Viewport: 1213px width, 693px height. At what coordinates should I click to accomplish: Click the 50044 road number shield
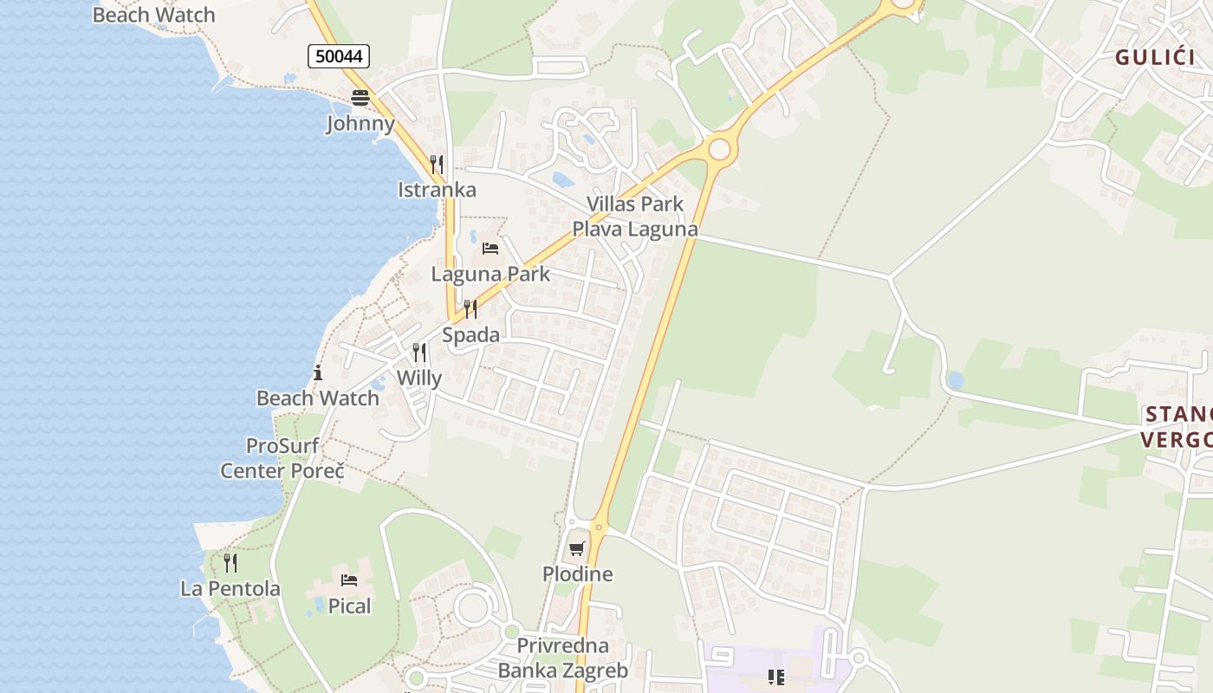(x=339, y=57)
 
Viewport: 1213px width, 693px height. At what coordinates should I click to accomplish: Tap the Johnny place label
(x=360, y=123)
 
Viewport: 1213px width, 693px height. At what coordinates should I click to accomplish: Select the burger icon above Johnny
(x=360, y=97)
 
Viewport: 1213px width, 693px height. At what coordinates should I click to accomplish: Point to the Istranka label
(x=437, y=190)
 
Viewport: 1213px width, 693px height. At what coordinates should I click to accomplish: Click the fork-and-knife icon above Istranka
(x=437, y=164)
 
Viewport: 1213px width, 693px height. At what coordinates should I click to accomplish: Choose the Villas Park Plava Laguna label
(x=635, y=217)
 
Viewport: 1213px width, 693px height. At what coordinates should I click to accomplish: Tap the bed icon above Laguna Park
(x=490, y=249)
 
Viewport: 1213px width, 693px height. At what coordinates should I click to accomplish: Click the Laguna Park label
(x=490, y=274)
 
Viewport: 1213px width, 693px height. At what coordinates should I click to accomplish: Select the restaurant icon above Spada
(x=470, y=309)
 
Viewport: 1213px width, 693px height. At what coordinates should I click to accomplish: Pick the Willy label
(x=419, y=378)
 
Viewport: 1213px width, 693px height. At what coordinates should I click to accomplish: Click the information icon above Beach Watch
(x=318, y=373)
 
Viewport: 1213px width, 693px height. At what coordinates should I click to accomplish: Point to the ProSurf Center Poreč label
(x=282, y=458)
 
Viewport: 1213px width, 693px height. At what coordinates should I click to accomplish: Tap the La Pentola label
(x=230, y=589)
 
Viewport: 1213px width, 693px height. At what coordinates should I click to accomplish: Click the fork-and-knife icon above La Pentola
(x=230, y=563)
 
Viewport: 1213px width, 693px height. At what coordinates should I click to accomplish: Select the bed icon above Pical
(x=349, y=580)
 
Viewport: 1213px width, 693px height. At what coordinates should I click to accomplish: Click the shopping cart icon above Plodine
(x=577, y=548)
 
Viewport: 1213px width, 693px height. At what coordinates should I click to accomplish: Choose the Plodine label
(x=577, y=573)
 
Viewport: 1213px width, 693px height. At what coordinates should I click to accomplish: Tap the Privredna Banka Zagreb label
(x=562, y=658)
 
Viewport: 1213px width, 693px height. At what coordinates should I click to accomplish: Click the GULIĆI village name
(x=1155, y=58)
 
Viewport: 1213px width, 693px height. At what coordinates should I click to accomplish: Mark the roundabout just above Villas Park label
(x=719, y=150)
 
